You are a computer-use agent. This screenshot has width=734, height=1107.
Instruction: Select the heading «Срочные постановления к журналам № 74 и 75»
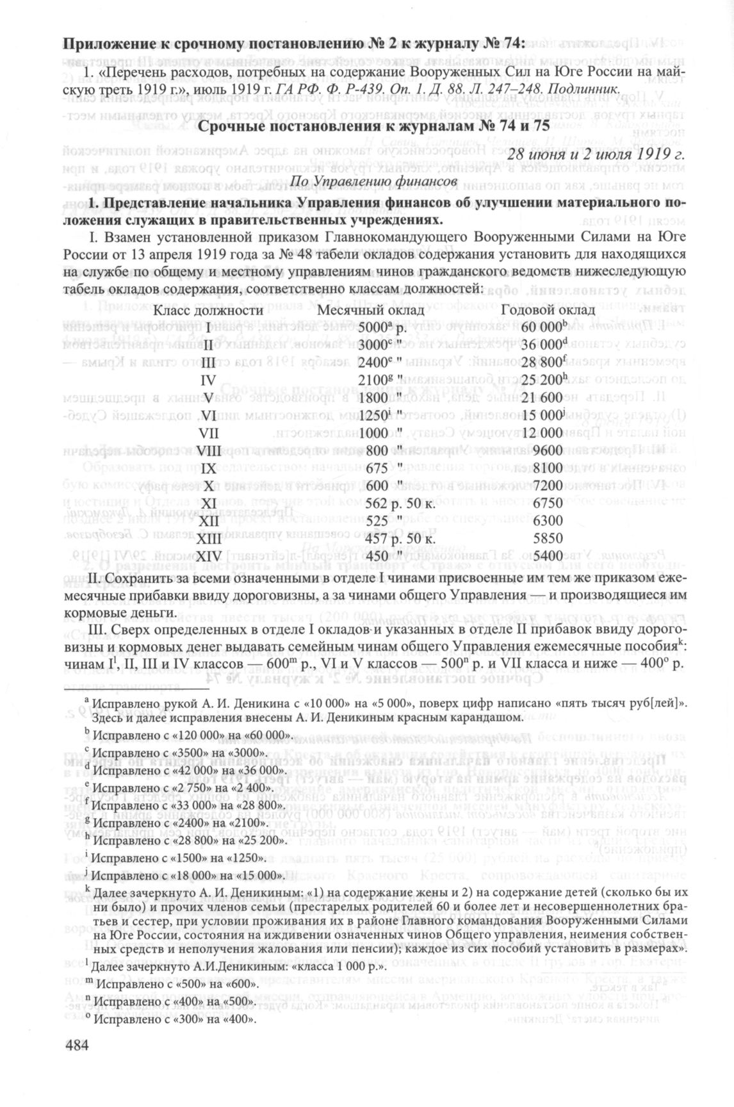click(373, 126)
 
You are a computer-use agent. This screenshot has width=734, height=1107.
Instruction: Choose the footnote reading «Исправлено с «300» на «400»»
click(173, 1020)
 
